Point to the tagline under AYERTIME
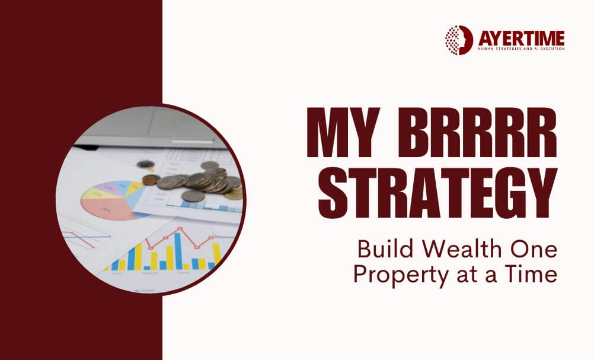tap(520, 49)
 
